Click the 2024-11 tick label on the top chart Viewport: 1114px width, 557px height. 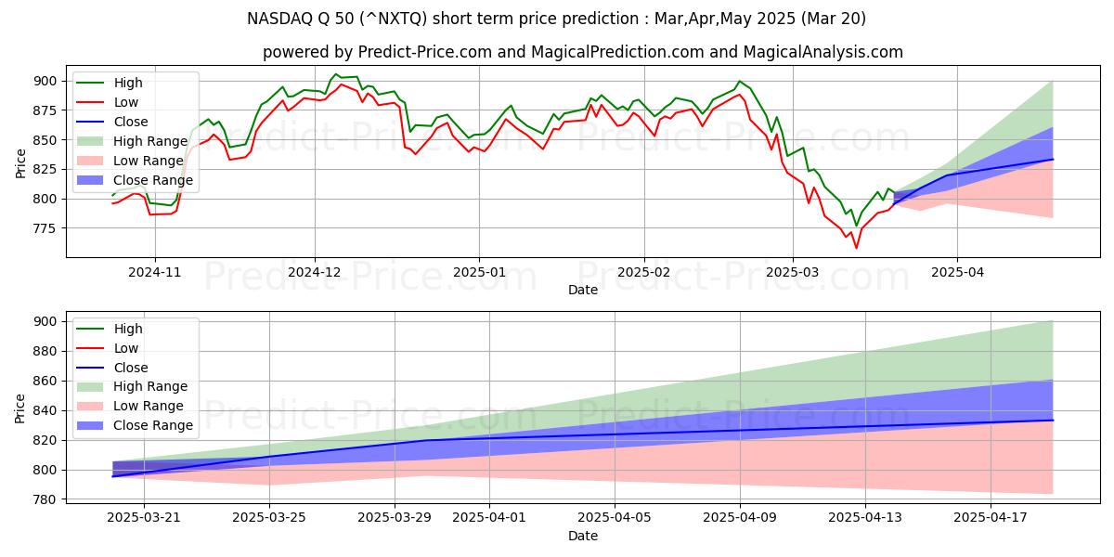coord(154,273)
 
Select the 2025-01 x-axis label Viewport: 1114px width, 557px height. coord(479,273)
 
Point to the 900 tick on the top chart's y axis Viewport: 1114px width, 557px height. coord(44,82)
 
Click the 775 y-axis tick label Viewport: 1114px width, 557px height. coord(44,228)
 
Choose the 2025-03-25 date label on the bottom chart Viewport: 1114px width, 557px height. coord(269,518)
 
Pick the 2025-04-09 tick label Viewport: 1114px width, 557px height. coord(740,518)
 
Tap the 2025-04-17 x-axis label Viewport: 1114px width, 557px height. coord(991,518)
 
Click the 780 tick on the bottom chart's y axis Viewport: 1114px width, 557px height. coord(44,499)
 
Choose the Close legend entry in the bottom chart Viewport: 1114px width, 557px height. coord(130,368)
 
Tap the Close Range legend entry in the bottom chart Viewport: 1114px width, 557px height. coord(153,425)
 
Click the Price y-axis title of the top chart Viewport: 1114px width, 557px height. coord(20,163)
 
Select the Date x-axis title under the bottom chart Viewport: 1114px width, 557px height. coord(583,536)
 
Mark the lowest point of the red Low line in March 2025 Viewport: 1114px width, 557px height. coord(856,248)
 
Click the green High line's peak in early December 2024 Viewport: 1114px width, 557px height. coord(336,74)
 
